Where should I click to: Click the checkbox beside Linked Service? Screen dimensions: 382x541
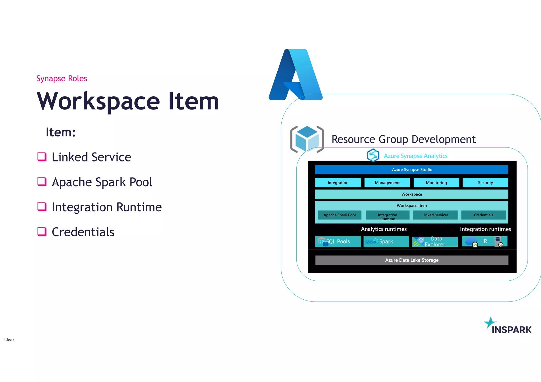click(42, 157)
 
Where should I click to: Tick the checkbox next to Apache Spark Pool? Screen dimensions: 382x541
click(42, 182)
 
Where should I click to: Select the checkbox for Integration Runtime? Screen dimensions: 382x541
click(42, 207)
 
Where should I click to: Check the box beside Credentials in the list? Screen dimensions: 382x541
click(42, 232)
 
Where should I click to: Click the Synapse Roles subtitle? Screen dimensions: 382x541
click(62, 78)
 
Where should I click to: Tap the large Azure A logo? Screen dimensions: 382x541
click(296, 75)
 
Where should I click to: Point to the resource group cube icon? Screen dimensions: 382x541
click(307, 139)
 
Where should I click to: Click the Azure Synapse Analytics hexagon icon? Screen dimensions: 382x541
click(373, 155)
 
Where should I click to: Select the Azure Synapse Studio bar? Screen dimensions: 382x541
click(412, 170)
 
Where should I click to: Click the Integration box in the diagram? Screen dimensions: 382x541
click(338, 183)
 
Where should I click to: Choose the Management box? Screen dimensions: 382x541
click(387, 183)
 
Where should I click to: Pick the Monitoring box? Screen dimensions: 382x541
click(436, 183)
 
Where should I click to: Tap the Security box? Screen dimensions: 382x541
click(485, 183)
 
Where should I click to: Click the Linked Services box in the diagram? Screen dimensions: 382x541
click(435, 215)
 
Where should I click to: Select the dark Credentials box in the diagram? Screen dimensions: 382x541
click(483, 215)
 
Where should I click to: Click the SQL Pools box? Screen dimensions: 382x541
click(338, 241)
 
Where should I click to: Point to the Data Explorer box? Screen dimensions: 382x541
click(435, 241)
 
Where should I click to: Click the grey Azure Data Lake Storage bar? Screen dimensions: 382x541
click(412, 260)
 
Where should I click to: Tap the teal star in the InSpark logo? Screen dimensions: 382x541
click(490, 323)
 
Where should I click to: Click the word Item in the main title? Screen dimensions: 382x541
click(194, 101)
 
